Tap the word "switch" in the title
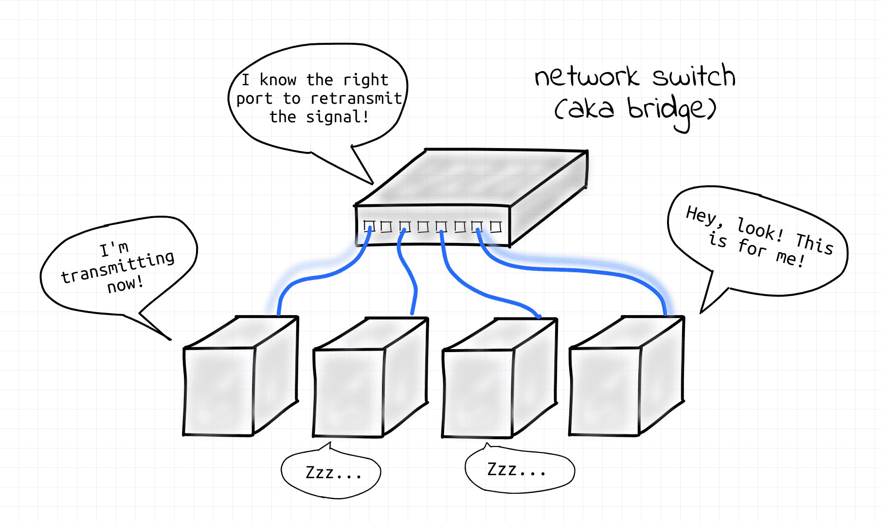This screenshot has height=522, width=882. tap(694, 76)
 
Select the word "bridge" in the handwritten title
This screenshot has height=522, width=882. tap(671, 111)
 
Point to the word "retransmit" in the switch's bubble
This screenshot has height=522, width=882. tap(356, 98)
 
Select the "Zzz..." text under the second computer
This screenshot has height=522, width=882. tap(333, 473)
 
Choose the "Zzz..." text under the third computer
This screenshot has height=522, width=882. tap(516, 469)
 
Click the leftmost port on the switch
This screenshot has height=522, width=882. tap(369, 226)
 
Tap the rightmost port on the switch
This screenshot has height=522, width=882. tap(496, 227)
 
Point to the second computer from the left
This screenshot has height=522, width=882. tap(370, 377)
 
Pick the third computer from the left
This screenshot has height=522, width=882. tap(500, 378)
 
